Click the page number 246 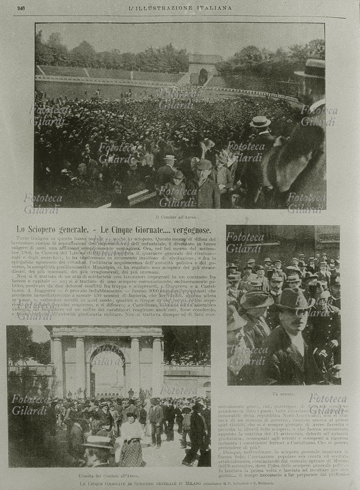(x=21, y=8)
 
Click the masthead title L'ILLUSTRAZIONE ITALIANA (x=181, y=8)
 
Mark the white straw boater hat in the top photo (x=260, y=121)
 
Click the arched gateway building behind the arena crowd (x=202, y=70)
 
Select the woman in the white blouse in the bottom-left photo (x=130, y=432)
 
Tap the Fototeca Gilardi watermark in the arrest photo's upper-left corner (x=245, y=242)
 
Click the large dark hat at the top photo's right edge (x=312, y=69)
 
